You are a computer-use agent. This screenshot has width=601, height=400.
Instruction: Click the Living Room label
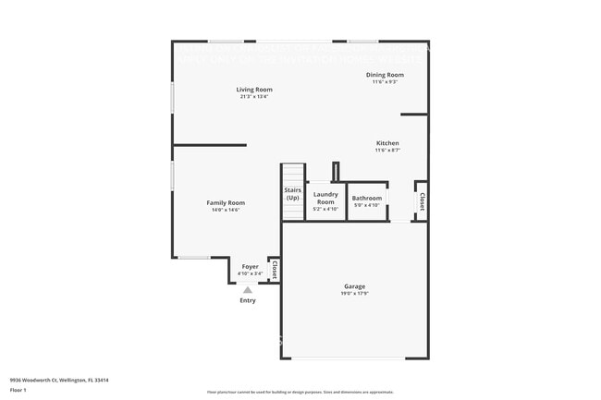(x=254, y=90)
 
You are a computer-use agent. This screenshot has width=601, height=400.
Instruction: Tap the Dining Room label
(x=385, y=75)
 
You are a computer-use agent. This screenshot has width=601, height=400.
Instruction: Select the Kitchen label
(x=387, y=143)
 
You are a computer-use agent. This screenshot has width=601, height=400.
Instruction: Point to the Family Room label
(x=226, y=203)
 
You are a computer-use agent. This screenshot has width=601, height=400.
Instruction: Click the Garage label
(x=355, y=286)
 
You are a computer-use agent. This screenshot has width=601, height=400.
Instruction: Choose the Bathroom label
(x=367, y=198)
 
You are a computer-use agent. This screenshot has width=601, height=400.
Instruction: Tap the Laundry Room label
(x=325, y=198)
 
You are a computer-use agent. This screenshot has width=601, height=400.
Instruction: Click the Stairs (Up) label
(x=292, y=194)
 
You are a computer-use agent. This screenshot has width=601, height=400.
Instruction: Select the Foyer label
(x=251, y=267)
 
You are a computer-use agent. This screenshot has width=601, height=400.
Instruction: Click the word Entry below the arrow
(x=248, y=300)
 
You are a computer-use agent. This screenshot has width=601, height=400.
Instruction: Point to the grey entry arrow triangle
(x=248, y=290)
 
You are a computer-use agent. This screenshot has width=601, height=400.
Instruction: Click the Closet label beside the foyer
(x=275, y=269)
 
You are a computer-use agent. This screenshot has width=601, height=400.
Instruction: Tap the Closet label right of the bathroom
(x=422, y=201)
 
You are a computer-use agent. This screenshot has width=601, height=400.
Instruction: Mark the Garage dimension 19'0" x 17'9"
(x=355, y=295)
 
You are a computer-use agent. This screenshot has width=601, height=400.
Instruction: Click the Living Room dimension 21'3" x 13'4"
(x=254, y=96)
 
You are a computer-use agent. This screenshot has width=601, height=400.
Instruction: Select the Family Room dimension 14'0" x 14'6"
(x=226, y=210)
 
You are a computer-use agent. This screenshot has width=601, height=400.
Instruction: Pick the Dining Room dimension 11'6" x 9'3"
(x=385, y=82)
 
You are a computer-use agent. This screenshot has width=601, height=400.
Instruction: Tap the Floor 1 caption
(x=18, y=390)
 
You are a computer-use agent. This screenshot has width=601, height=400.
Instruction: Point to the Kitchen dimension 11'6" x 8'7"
(x=387, y=151)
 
